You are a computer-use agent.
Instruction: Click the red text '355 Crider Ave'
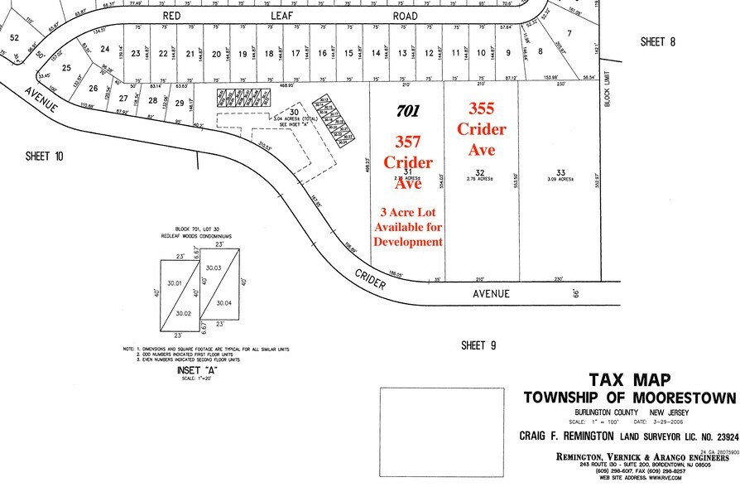tap(482, 129)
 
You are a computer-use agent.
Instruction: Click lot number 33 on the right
tap(560, 172)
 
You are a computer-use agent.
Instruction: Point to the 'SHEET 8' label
tap(659, 41)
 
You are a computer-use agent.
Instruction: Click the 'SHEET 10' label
tap(44, 156)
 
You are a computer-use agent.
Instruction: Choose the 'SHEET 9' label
tap(478, 345)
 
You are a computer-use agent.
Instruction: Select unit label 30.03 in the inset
tap(213, 268)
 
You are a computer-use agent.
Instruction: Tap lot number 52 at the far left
tap(13, 38)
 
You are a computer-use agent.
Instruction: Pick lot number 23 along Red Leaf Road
tap(136, 54)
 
